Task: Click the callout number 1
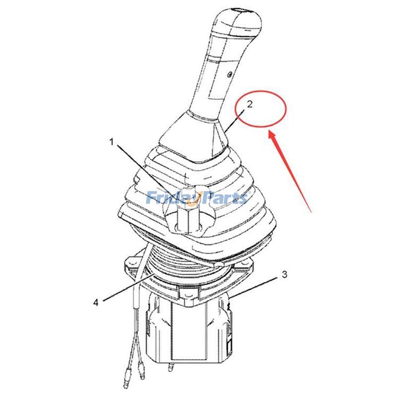pyautogui.click(x=112, y=142)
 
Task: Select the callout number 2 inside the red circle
pyautogui.click(x=250, y=104)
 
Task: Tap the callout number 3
pyautogui.click(x=284, y=274)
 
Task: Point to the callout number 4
pyautogui.click(x=96, y=302)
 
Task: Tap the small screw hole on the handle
pyautogui.click(x=229, y=74)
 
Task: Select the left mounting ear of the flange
pyautogui.click(x=131, y=264)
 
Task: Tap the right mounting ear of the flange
pyautogui.click(x=244, y=266)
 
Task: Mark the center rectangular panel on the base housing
pyautogui.click(x=190, y=330)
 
